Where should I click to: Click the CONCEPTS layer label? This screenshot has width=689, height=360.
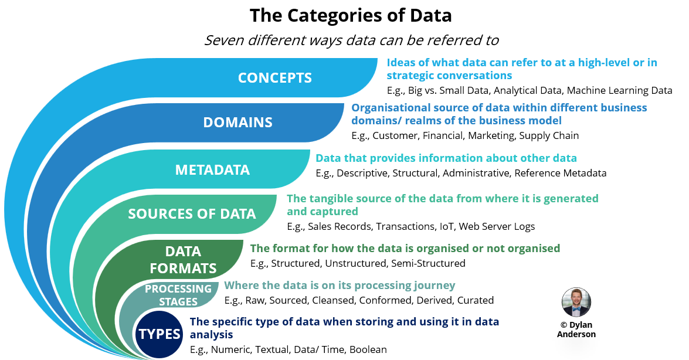pos(274,78)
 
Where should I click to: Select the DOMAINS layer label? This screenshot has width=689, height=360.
pos(237,123)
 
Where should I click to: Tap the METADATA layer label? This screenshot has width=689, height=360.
pos(212,170)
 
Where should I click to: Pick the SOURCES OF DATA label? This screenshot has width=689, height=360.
pos(192,214)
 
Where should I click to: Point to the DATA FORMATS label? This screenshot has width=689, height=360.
pos(183,260)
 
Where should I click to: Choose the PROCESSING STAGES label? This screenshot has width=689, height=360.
pos(178,295)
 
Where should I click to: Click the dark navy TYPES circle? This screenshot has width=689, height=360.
pos(159,334)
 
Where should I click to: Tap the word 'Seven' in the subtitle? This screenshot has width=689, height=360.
pos(224,40)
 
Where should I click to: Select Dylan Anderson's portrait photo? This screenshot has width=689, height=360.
pos(576,303)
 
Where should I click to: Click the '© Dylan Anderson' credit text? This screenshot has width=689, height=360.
pos(576,329)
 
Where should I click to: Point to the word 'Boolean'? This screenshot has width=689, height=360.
pos(368,350)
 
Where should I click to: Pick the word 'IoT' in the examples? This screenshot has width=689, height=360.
pos(446,226)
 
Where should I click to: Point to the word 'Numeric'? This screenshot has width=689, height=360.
pos(232,350)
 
